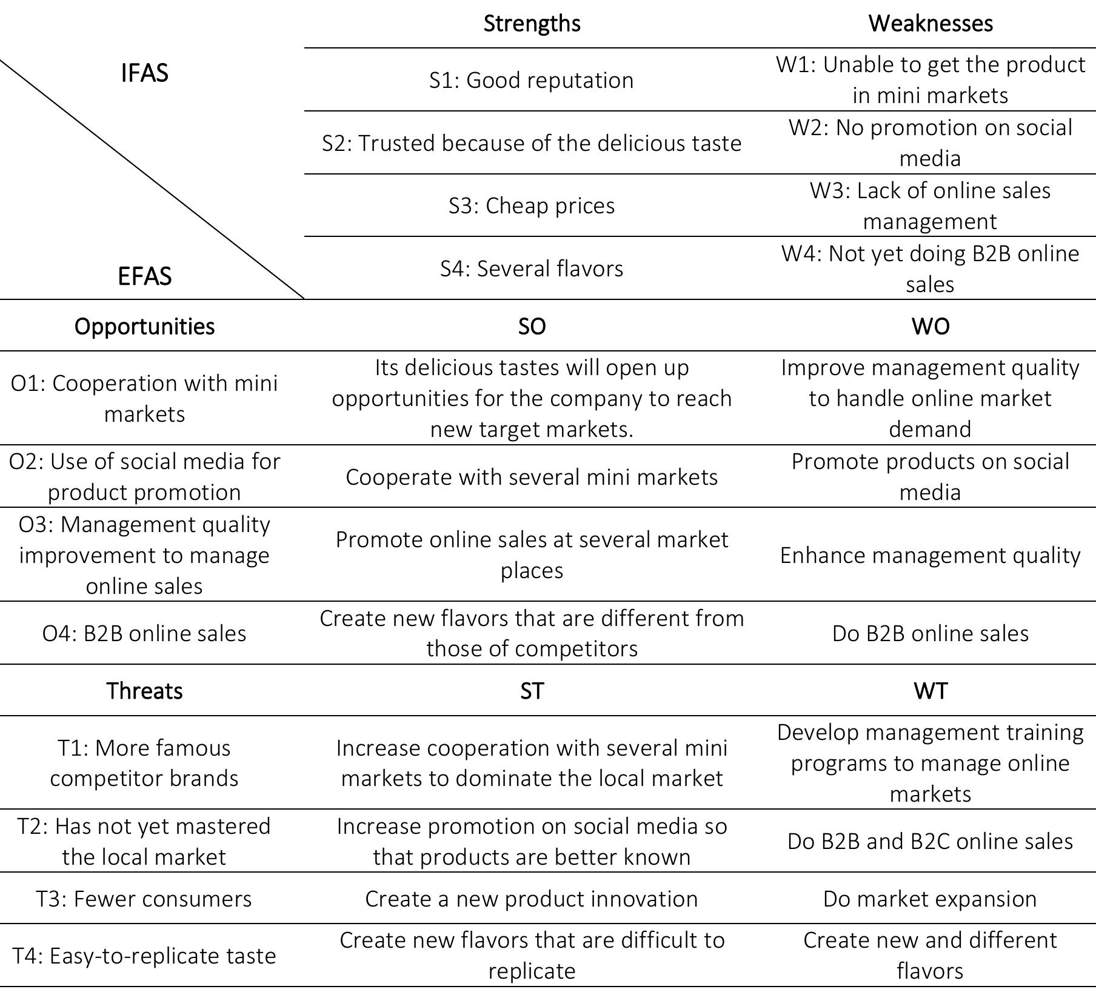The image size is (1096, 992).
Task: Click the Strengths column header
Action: click(x=532, y=24)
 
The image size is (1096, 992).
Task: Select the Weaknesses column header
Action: click(x=930, y=24)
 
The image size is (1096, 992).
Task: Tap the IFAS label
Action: click(x=144, y=73)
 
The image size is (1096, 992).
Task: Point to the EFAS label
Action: click(x=144, y=276)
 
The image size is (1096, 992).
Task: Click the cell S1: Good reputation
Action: click(x=532, y=80)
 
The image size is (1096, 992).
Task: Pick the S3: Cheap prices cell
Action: click(x=532, y=205)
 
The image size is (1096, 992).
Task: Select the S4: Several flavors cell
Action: click(x=532, y=268)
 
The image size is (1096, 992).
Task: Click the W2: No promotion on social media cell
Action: click(x=930, y=143)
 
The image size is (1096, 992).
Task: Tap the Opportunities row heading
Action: click(x=144, y=326)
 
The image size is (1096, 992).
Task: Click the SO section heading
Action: click(x=532, y=326)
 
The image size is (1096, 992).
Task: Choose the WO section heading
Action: click(x=930, y=326)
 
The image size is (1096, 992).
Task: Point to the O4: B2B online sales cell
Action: click(x=144, y=633)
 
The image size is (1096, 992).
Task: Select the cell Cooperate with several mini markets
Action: click(x=532, y=477)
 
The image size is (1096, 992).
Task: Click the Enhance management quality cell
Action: click(x=930, y=555)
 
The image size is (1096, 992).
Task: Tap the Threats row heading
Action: click(x=144, y=691)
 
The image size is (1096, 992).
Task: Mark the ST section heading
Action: click(x=532, y=691)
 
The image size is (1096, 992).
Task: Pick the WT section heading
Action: click(x=930, y=691)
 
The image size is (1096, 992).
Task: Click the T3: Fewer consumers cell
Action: click(x=144, y=899)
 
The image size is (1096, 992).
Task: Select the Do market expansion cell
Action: click(x=930, y=899)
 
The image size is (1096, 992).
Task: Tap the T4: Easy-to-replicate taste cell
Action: click(x=144, y=956)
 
